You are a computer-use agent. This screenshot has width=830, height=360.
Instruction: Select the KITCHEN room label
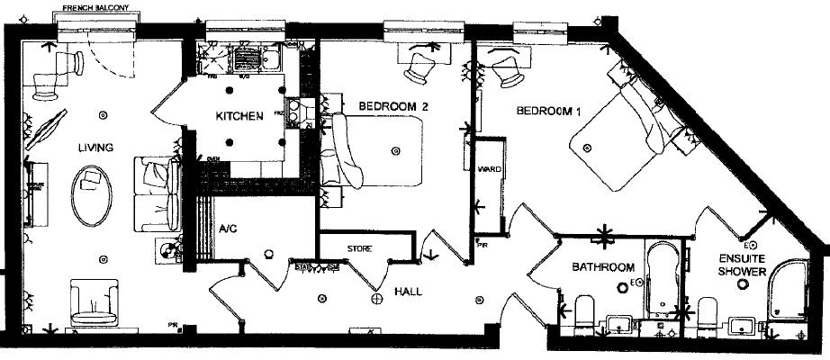(239, 116)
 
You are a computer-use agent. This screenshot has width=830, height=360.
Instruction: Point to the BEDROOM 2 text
(392, 106)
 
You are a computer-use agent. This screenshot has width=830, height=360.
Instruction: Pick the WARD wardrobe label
(490, 169)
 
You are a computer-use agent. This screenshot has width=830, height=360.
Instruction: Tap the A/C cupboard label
(228, 229)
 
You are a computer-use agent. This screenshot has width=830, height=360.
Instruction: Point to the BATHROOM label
(603, 267)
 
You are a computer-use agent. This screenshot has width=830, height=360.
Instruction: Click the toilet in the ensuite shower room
(708, 315)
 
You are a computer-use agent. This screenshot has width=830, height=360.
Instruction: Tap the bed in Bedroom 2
(378, 148)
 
